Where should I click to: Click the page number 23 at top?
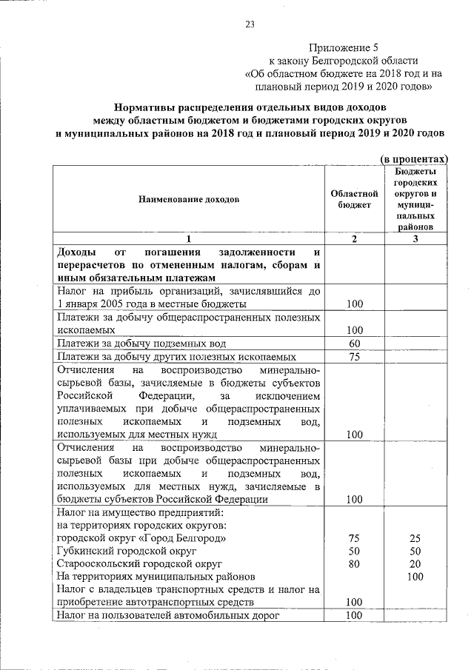click(x=250, y=24)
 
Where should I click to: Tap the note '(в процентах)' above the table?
click(x=415, y=159)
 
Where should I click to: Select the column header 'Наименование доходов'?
click(x=189, y=200)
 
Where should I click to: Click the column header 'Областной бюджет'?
click(x=354, y=199)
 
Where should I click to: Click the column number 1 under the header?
click(x=189, y=238)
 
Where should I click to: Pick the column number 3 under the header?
click(x=415, y=238)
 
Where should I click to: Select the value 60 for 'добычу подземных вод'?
click(x=354, y=344)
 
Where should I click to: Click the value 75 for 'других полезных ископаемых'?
click(x=354, y=357)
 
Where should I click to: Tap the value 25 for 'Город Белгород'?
click(x=415, y=538)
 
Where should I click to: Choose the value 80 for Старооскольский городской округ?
click(x=354, y=563)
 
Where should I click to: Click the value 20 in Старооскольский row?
click(x=415, y=563)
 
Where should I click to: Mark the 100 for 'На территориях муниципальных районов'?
click(x=415, y=576)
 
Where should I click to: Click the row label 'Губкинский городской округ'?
click(x=126, y=551)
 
